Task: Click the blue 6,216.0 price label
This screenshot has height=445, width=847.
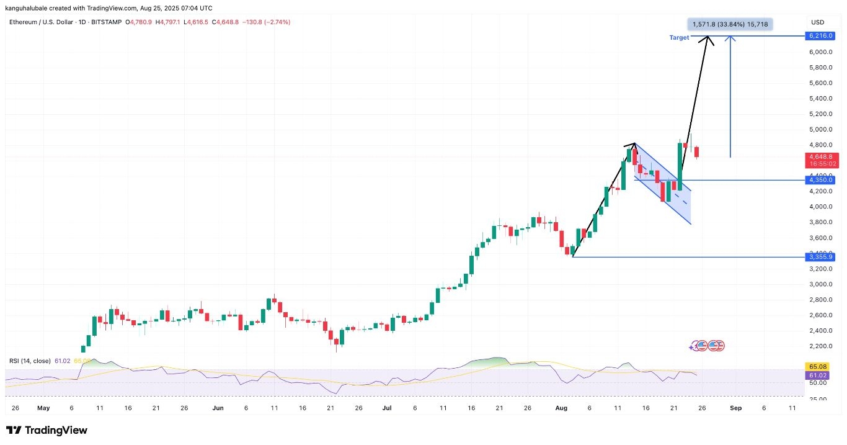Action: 820,36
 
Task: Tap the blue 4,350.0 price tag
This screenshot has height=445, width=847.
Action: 820,180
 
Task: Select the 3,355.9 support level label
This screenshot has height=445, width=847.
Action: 820,257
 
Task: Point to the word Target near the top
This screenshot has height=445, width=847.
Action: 679,38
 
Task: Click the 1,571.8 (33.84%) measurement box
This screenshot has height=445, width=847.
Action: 730,25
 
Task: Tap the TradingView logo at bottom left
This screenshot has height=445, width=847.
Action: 47,430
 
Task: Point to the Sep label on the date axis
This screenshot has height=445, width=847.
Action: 735,408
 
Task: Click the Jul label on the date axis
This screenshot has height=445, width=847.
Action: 387,408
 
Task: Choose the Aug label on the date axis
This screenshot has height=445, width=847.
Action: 561,408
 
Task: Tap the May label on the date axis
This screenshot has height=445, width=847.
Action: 43,408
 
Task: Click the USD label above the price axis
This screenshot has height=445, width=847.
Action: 819,22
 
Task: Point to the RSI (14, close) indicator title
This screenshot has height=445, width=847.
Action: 30,361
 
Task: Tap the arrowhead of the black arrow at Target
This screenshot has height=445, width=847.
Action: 707,39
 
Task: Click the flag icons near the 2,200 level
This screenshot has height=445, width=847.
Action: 707,346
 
